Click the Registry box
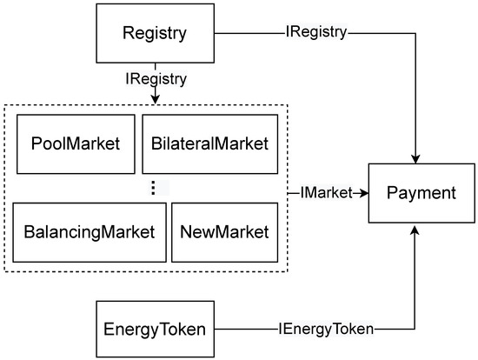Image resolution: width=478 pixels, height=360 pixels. pyautogui.click(x=154, y=34)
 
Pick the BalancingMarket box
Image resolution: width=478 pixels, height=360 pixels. pyautogui.click(x=89, y=232)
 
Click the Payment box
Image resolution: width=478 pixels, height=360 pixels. pyautogui.click(x=421, y=193)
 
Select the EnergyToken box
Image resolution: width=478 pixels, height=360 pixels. pyautogui.click(x=155, y=329)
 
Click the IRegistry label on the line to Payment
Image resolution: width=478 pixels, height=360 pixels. pyautogui.click(x=316, y=33)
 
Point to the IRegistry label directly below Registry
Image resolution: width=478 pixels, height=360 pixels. pyautogui.click(x=155, y=78)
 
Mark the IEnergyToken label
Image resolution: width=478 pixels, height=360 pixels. pyautogui.click(x=327, y=329)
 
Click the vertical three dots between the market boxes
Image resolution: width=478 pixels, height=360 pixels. pyautogui.click(x=153, y=188)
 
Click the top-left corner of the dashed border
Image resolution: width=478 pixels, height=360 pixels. pyautogui.click(x=7, y=106)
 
